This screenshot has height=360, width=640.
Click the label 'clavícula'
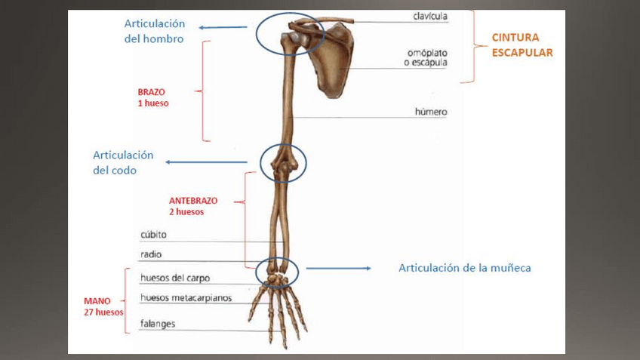pos(430,16)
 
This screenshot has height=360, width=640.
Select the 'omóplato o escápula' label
pos(426,57)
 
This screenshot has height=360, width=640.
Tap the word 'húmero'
pos(431,112)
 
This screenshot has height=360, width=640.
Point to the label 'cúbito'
pos(153,235)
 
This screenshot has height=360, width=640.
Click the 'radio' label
pos(151,255)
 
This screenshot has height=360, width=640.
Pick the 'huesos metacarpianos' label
pos(186,297)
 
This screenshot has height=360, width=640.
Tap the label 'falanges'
pos(158,324)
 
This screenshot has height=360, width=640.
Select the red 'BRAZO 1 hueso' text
pos(153,97)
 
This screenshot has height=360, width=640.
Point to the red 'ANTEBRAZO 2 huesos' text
pos(193,206)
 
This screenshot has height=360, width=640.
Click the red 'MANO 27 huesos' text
pos(103,306)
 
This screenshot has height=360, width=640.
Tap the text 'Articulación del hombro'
pos(154,31)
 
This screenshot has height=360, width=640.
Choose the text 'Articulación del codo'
pos(123,162)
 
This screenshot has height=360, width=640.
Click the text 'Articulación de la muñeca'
pos(465,268)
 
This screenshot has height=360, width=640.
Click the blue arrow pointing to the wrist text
pos(338,268)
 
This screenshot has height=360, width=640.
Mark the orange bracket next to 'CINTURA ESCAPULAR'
pos(470,45)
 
